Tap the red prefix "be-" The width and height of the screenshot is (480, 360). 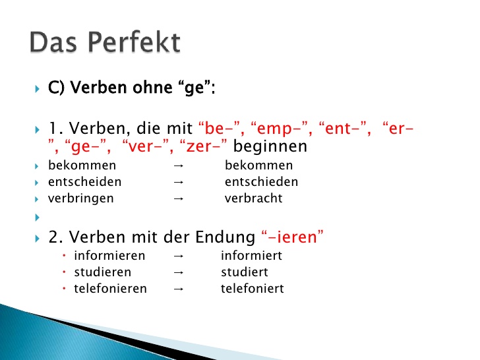click(221, 128)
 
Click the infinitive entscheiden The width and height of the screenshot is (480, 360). click(84, 181)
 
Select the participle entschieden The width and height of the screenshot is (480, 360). click(261, 181)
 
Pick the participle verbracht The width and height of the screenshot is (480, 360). click(253, 198)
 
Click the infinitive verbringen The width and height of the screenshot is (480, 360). click(80, 198)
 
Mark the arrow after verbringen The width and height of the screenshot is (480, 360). click(177, 198)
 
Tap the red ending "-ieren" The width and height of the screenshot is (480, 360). click(292, 237)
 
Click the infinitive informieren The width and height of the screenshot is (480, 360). click(109, 256)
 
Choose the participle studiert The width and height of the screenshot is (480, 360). click(244, 272)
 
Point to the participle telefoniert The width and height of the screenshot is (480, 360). click(252, 289)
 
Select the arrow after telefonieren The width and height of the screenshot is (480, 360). click(177, 289)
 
